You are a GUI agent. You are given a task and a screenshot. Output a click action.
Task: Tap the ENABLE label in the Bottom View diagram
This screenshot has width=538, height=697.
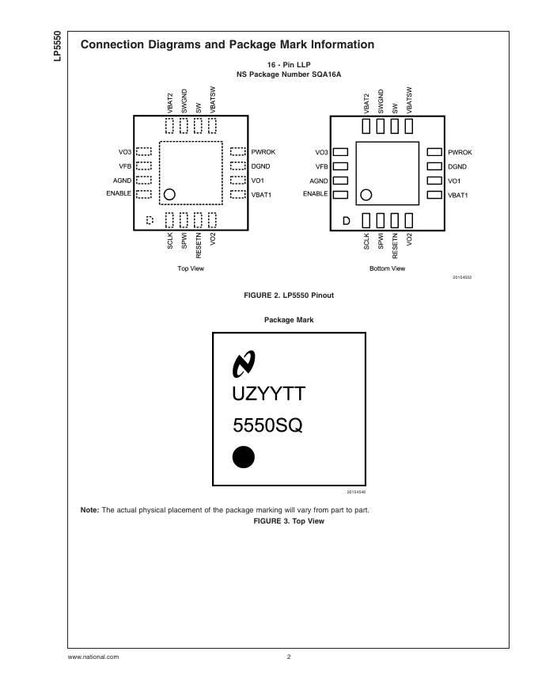pyautogui.click(x=316, y=194)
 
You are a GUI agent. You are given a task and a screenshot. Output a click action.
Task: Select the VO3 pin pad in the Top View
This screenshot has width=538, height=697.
pyautogui.click(x=144, y=151)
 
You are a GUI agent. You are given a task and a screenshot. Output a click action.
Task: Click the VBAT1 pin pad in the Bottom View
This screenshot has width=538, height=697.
pyautogui.click(x=434, y=194)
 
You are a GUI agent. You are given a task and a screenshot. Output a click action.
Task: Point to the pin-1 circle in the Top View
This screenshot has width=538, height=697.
pyautogui.click(x=169, y=195)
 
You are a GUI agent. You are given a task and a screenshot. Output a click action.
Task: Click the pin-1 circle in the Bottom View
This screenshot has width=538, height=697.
pyautogui.click(x=366, y=195)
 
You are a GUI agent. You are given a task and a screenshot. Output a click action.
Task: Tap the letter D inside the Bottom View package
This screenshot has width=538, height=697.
pyautogui.click(x=345, y=220)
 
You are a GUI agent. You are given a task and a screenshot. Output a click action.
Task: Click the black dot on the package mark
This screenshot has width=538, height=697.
pyautogui.click(x=244, y=458)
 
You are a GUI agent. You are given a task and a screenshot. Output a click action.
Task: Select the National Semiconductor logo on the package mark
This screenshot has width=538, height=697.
pyautogui.click(x=244, y=364)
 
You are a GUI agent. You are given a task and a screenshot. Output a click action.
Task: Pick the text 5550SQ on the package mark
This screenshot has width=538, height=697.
pyautogui.click(x=267, y=426)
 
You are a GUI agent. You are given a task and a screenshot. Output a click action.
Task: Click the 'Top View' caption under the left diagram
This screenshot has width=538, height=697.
pyautogui.click(x=191, y=269)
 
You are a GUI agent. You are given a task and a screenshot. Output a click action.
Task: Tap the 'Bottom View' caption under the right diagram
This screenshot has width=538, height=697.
pyautogui.click(x=388, y=269)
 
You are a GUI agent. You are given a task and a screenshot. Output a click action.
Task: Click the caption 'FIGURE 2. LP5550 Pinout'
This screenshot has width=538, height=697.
pyautogui.click(x=289, y=295)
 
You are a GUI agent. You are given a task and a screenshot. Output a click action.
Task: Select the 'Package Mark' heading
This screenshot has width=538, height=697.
pyautogui.click(x=289, y=320)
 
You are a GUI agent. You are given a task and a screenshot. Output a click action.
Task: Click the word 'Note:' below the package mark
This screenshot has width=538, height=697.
pyautogui.click(x=89, y=509)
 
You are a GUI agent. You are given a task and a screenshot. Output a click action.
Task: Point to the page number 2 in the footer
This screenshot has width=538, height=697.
pyautogui.click(x=289, y=657)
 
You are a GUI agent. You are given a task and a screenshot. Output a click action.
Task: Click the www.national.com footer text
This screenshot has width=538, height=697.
pyautogui.click(x=93, y=657)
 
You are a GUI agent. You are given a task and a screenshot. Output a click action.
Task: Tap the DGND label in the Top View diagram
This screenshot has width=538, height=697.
pyautogui.click(x=260, y=166)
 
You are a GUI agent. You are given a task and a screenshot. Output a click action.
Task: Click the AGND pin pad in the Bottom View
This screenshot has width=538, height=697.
pyautogui.click(x=341, y=181)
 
